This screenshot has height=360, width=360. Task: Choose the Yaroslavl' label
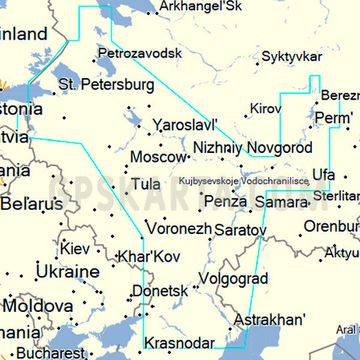tap(185, 127)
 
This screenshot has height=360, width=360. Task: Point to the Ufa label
tap(323, 175)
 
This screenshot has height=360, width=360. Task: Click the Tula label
tap(146, 185)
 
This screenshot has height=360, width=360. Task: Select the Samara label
tap(281, 202)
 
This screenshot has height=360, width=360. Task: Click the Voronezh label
tap(178, 228)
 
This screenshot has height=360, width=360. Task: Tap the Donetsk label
tap(160, 291)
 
